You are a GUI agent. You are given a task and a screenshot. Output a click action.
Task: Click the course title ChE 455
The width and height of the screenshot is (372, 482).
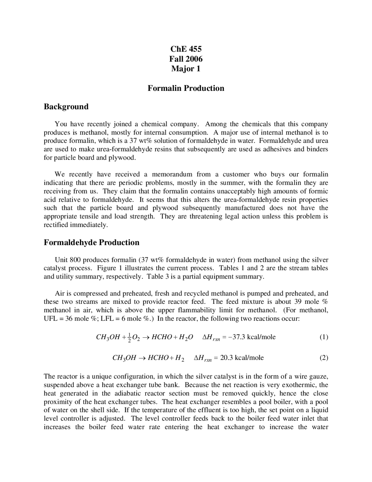pyautogui.click(x=186, y=49)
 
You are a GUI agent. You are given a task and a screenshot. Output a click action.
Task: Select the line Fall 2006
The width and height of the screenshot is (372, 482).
pyautogui.click(x=186, y=59)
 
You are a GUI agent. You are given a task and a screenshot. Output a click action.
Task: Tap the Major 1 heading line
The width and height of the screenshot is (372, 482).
pyautogui.click(x=186, y=69)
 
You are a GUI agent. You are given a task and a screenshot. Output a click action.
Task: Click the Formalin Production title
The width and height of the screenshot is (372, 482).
pyautogui.click(x=186, y=88)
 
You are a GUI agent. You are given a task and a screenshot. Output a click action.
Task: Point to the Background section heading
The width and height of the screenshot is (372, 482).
pyautogui.click(x=66, y=107)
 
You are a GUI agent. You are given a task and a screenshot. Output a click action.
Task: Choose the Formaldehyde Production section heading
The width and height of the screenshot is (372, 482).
pyautogui.click(x=91, y=242)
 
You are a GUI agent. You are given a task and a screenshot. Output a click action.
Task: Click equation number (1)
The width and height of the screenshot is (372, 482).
pyautogui.click(x=324, y=337)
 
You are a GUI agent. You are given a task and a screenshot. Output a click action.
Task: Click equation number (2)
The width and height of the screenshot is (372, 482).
pyautogui.click(x=324, y=358)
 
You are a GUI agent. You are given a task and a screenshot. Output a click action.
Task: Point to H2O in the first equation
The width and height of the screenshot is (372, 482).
pyautogui.click(x=186, y=337)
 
